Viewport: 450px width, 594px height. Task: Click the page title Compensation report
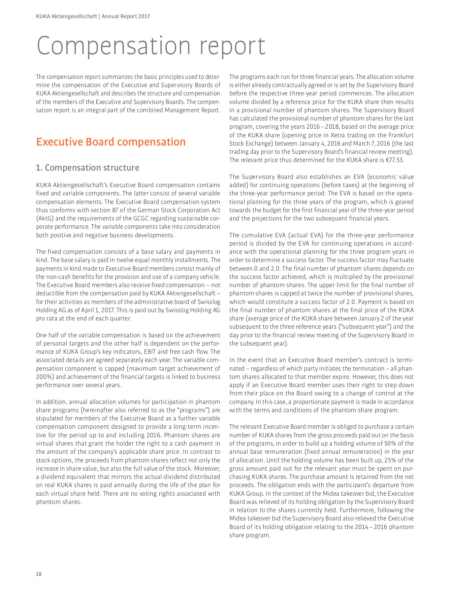[x=151, y=46]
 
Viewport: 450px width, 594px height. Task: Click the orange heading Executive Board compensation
[x=111, y=142]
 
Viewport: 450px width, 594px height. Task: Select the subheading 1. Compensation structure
[x=87, y=168]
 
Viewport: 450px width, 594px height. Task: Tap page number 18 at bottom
[x=39, y=574]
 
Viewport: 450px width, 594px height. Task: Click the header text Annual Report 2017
[x=126, y=16]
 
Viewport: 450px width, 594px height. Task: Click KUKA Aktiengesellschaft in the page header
[x=66, y=16]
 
